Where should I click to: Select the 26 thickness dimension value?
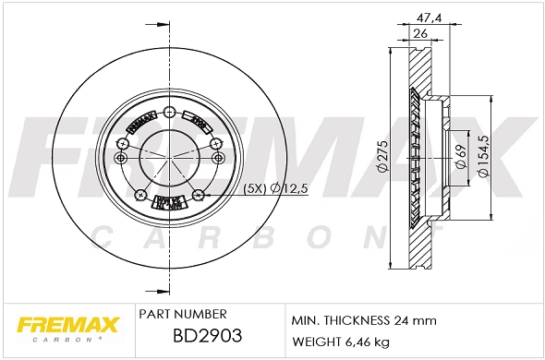419,35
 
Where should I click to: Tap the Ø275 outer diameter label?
381,161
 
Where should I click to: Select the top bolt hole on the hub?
168,114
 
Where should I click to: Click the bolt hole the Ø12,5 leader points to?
199,194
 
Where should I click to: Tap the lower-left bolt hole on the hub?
139,194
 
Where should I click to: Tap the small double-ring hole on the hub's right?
218,159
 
